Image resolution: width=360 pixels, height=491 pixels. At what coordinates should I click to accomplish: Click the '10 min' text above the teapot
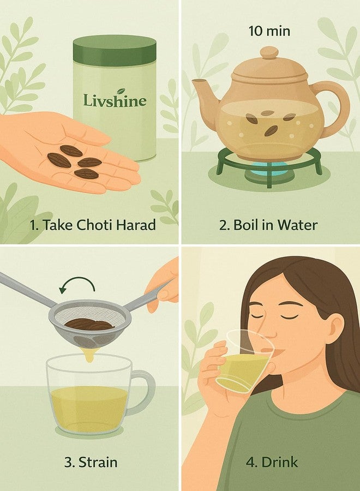(x=269, y=31)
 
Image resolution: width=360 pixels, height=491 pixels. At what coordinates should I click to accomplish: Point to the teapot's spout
(x=205, y=91)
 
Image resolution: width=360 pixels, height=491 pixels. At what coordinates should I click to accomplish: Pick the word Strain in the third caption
(x=97, y=462)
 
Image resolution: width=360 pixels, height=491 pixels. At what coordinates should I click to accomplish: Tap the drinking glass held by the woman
(x=245, y=362)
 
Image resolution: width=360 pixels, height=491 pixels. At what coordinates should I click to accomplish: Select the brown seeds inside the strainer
(x=90, y=324)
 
